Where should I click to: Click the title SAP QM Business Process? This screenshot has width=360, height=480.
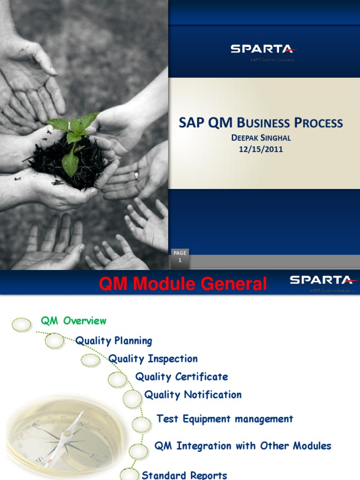(x=261, y=123)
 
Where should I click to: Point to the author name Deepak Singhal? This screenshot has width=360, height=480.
(x=261, y=138)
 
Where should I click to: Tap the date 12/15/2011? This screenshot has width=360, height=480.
(x=261, y=149)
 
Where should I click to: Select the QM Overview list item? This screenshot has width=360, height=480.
(x=74, y=321)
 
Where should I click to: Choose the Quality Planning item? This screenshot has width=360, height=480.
(x=114, y=341)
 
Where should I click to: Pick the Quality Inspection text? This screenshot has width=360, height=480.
(x=153, y=359)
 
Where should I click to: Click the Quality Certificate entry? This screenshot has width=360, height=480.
(x=181, y=377)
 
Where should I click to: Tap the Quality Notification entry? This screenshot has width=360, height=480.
(x=193, y=395)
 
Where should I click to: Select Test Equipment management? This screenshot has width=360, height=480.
(x=225, y=419)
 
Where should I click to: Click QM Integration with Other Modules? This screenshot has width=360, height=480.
(x=243, y=446)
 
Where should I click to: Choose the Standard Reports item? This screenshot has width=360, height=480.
(x=184, y=475)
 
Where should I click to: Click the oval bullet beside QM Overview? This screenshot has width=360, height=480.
(x=22, y=324)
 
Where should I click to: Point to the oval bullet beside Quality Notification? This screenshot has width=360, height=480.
(x=132, y=399)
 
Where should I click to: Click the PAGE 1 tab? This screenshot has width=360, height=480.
(x=180, y=257)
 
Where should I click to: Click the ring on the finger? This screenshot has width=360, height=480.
(x=136, y=175)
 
